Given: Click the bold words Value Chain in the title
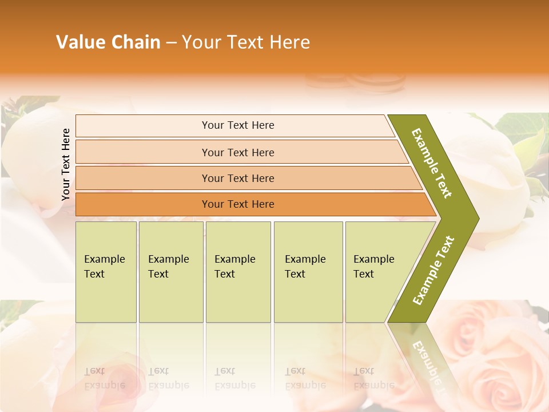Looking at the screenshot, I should click(x=108, y=42).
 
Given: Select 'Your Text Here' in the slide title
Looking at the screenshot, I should click(x=246, y=42).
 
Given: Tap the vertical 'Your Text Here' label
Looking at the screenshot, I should click(x=66, y=164).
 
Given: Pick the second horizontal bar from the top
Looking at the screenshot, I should click(x=237, y=152).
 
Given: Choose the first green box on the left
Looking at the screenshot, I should click(x=106, y=272).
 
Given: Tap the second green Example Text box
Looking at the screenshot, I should click(x=170, y=272).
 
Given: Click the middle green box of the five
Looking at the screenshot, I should click(x=238, y=272).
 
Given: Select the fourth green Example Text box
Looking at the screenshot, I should click(x=308, y=272).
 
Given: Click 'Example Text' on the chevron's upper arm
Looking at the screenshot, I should click(x=432, y=163).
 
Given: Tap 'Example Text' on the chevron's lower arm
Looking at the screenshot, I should click(x=433, y=270).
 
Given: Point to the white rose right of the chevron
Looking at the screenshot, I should click(x=503, y=183).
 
